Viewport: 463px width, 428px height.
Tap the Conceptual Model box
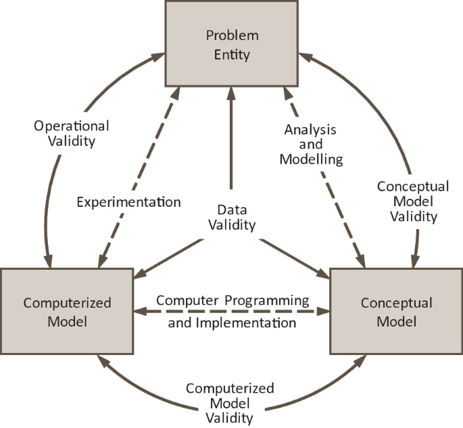tap(396, 310)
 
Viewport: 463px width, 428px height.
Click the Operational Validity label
tap(71, 133)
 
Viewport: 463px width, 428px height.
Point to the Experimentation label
tap(128, 201)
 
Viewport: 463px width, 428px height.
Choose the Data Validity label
tap(232, 218)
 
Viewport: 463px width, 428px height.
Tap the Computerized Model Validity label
tap(230, 403)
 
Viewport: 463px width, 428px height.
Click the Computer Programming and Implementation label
tap(232, 311)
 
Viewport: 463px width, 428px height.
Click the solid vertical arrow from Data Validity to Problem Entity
tap(231, 142)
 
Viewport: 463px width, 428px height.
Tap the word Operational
tap(71, 126)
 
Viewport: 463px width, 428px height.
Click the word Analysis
tap(311, 128)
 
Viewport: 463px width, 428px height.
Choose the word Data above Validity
tap(232, 210)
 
